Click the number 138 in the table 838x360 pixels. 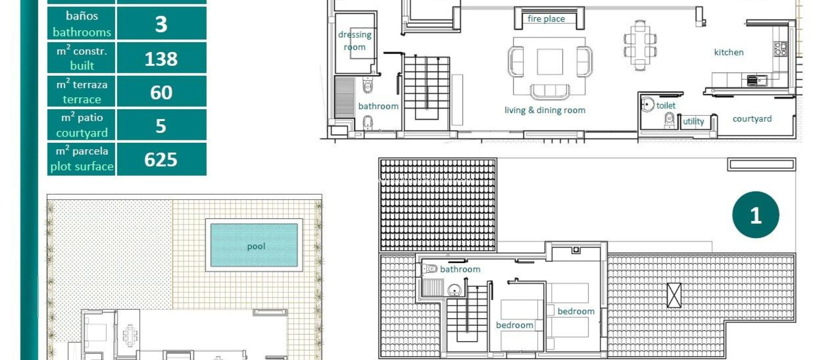tap(161, 59)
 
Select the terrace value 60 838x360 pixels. tap(161, 92)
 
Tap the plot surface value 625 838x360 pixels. tap(161, 160)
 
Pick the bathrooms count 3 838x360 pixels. tap(161, 24)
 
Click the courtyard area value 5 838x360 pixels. tap(161, 126)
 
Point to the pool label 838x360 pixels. tap(256, 246)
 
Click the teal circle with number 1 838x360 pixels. tap(755, 215)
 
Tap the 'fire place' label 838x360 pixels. tap(546, 19)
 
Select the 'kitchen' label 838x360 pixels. tap(729, 52)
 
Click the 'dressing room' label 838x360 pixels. tap(355, 41)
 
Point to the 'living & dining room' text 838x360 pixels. tap(545, 110)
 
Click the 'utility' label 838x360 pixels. tap(694, 122)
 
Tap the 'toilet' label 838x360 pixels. tap(666, 106)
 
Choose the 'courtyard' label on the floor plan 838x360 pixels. tap(752, 119)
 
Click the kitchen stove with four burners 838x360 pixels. tap(781, 49)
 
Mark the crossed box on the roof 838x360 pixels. tap(674, 295)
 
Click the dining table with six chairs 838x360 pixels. tap(640, 45)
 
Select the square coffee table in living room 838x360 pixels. tap(550, 62)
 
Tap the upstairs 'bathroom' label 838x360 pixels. tap(460, 269)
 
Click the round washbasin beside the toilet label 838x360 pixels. tap(647, 105)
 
